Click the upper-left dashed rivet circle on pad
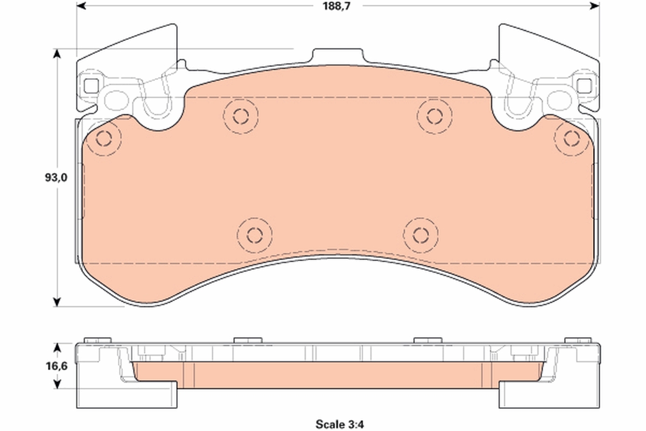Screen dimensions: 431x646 [241, 115]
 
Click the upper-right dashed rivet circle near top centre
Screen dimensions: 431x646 [434, 115]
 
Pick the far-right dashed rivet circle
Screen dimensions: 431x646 [571, 138]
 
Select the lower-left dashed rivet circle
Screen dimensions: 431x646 [255, 235]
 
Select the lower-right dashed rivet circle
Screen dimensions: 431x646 [420, 235]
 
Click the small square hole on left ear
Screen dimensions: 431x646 [91, 85]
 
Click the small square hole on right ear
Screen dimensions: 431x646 [583, 85]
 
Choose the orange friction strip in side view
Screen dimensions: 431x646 [338, 375]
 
